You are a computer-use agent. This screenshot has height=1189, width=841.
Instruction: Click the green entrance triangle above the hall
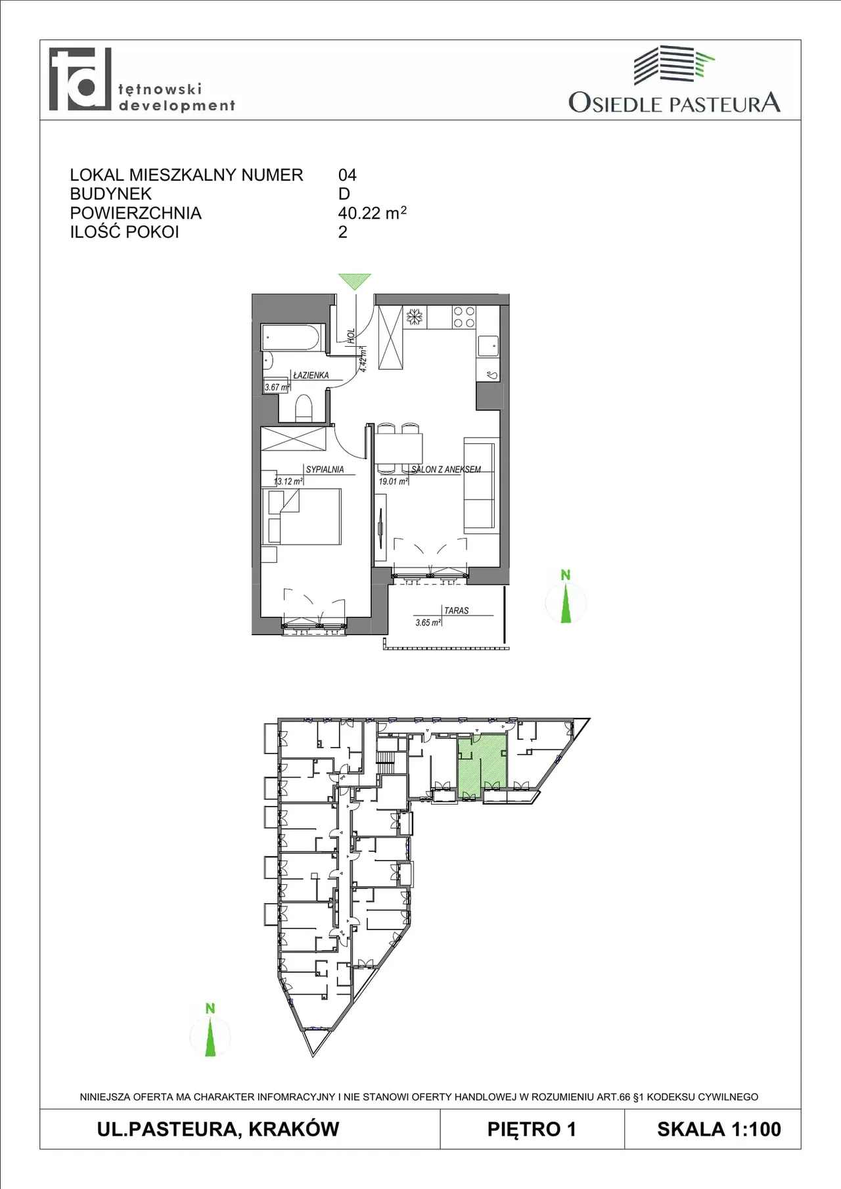355,280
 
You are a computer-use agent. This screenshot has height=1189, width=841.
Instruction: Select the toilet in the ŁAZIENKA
303,407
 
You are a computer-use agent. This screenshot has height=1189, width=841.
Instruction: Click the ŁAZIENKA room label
311,375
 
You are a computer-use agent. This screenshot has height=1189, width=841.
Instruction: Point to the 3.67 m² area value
277,387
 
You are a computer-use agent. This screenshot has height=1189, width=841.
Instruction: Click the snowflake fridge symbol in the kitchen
415,317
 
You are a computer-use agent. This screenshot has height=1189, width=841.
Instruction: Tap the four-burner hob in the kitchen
464,317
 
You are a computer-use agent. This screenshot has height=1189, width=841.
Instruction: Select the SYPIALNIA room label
325,469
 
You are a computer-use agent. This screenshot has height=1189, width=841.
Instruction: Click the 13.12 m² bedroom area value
288,481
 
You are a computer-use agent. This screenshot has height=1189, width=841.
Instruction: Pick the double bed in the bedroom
302,516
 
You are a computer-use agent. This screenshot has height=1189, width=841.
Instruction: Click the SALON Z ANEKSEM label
446,469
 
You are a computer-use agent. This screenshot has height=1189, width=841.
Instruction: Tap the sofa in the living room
480,485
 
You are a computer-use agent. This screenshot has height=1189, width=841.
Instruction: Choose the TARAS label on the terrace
457,610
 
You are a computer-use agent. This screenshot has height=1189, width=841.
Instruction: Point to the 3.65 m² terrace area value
428,622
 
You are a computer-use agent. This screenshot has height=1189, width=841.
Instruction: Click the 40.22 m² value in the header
372,213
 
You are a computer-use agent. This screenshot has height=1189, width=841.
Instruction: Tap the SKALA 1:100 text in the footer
719,1129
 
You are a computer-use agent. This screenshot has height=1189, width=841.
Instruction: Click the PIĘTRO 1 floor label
532,1129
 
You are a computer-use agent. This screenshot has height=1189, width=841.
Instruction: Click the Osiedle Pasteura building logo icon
673,64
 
